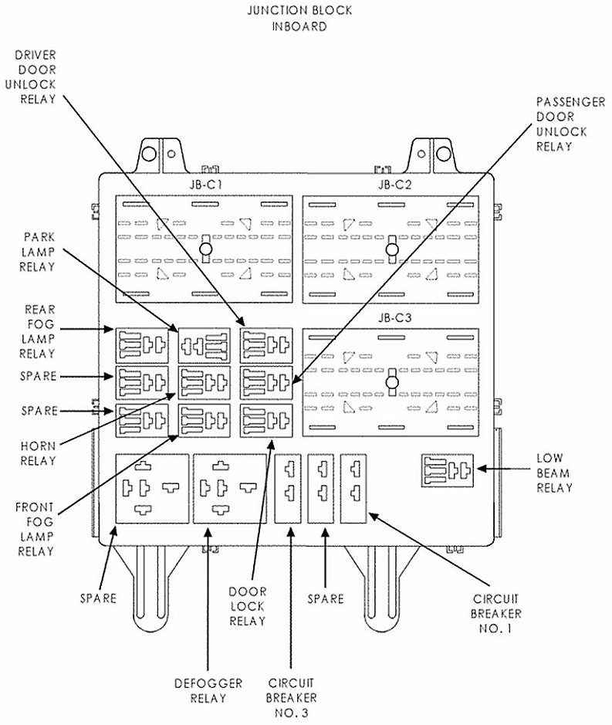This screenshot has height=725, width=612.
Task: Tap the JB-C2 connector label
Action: (394, 185)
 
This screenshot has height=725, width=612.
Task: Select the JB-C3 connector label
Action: (394, 318)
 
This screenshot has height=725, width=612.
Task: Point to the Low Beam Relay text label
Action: (554, 473)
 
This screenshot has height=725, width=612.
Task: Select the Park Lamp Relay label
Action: (39, 251)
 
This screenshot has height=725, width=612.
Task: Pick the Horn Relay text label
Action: (39, 453)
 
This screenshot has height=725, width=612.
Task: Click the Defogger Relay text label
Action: (208, 691)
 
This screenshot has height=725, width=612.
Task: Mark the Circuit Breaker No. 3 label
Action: (290, 698)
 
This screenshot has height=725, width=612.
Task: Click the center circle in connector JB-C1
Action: (206, 249)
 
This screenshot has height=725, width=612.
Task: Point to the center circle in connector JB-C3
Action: (392, 381)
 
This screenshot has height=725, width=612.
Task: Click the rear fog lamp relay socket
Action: (142, 344)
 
